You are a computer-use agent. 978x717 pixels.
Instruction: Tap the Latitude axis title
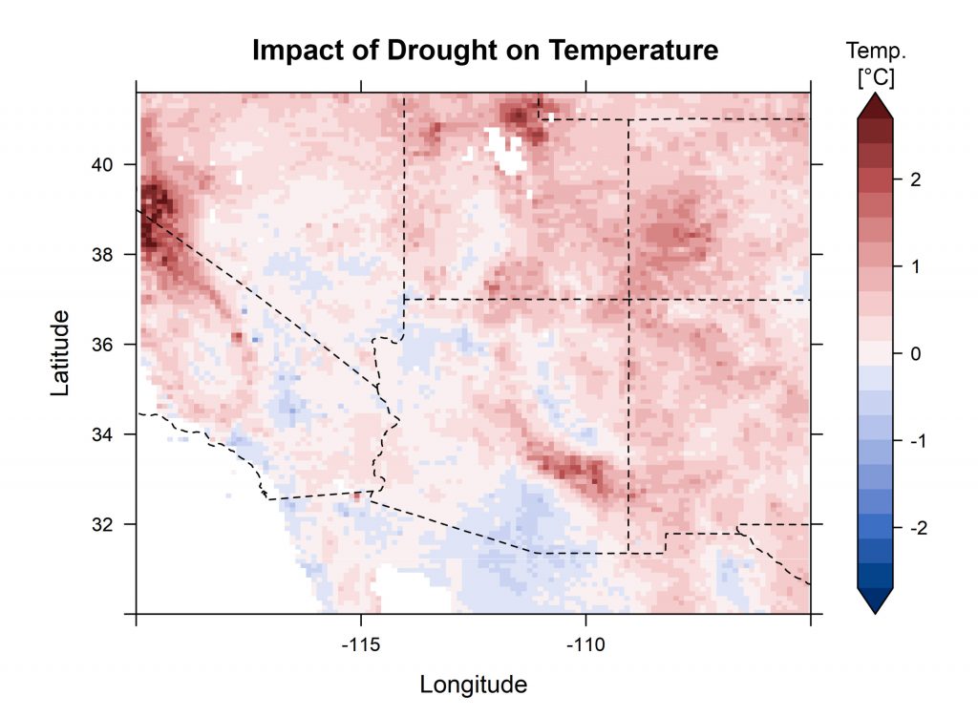coord(60,353)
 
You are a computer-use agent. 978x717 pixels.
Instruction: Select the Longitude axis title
coord(473,685)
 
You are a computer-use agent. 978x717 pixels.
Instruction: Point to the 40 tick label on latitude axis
coord(102,165)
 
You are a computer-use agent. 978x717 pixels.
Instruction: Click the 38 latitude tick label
coord(102,255)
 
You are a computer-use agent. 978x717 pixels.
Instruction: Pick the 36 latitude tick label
coord(102,345)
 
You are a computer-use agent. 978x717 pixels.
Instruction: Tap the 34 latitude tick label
coord(102,434)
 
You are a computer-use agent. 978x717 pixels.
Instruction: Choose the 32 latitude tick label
coord(102,524)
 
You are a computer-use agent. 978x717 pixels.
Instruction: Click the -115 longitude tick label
coord(360,642)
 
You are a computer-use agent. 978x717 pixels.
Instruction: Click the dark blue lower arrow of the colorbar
coord(875,601)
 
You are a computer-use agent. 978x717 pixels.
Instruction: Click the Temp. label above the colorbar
coord(875,51)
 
